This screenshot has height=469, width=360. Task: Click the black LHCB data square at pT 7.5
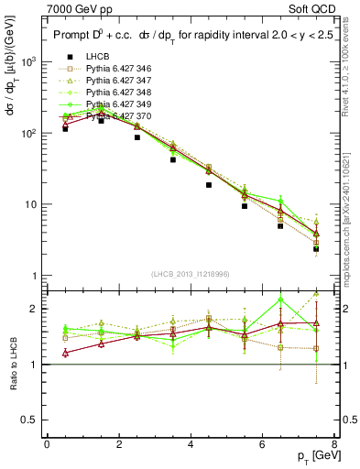pos(316,248)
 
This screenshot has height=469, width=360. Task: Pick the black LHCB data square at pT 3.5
pos(173,159)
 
